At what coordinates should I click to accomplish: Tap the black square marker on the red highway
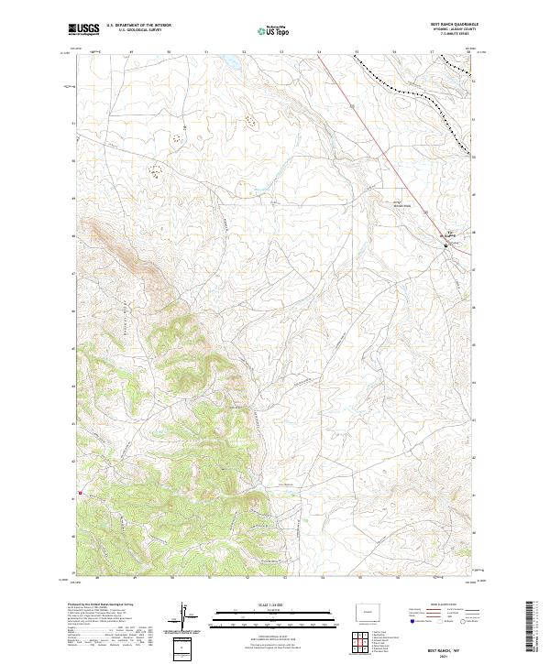click(x=446, y=245)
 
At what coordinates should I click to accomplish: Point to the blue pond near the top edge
click(x=225, y=62)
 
